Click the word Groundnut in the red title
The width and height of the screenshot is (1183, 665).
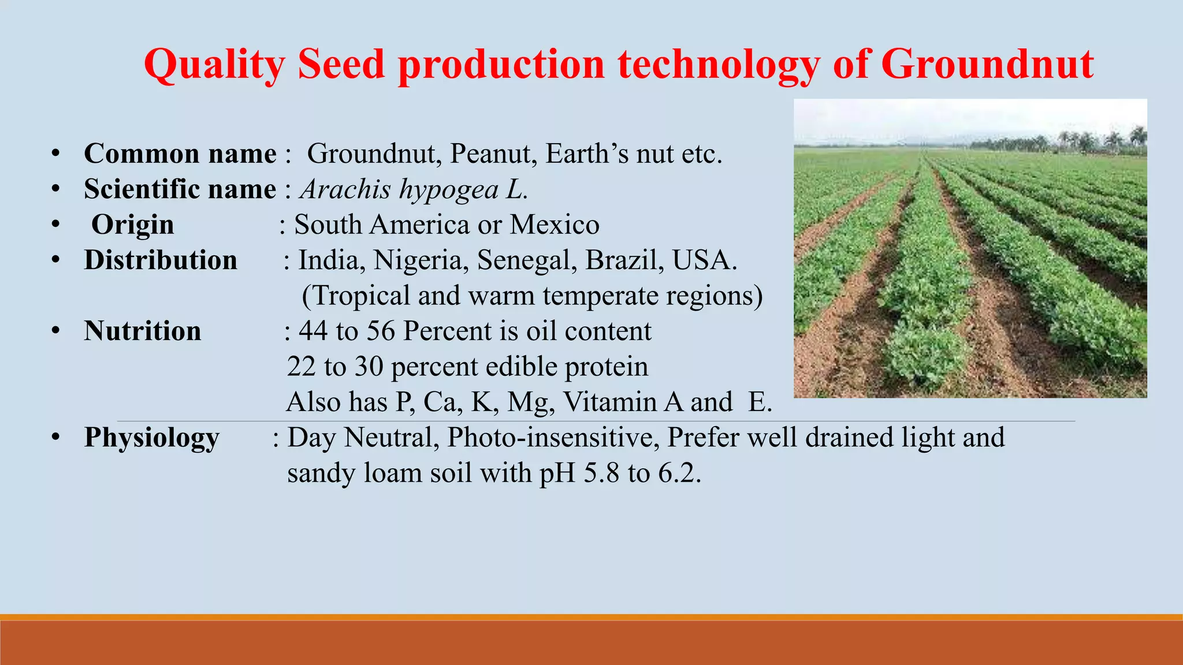(x=987, y=63)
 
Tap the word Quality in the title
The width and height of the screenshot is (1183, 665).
(x=214, y=65)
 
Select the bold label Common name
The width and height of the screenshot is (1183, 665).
(x=180, y=154)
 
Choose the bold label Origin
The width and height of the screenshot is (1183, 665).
(x=132, y=225)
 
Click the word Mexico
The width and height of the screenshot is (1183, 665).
(x=555, y=225)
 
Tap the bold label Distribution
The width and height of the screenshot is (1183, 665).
(x=161, y=260)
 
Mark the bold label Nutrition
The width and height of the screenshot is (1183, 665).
(x=143, y=331)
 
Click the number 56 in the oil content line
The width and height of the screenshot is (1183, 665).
(x=381, y=331)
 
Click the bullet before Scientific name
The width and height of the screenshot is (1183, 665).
(x=55, y=189)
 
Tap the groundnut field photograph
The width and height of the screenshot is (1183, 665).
(x=970, y=248)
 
